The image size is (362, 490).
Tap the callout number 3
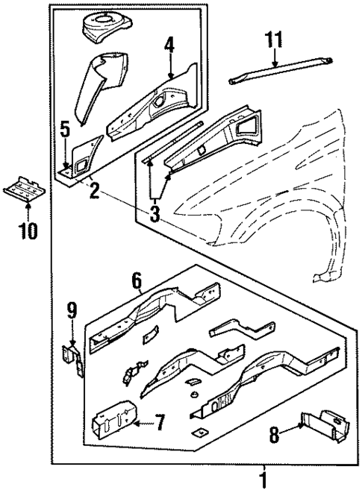pos(155,216)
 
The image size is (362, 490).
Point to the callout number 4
pos(169,46)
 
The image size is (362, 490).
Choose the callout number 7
pos(158,423)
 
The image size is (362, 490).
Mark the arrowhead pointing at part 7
pos(138,423)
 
